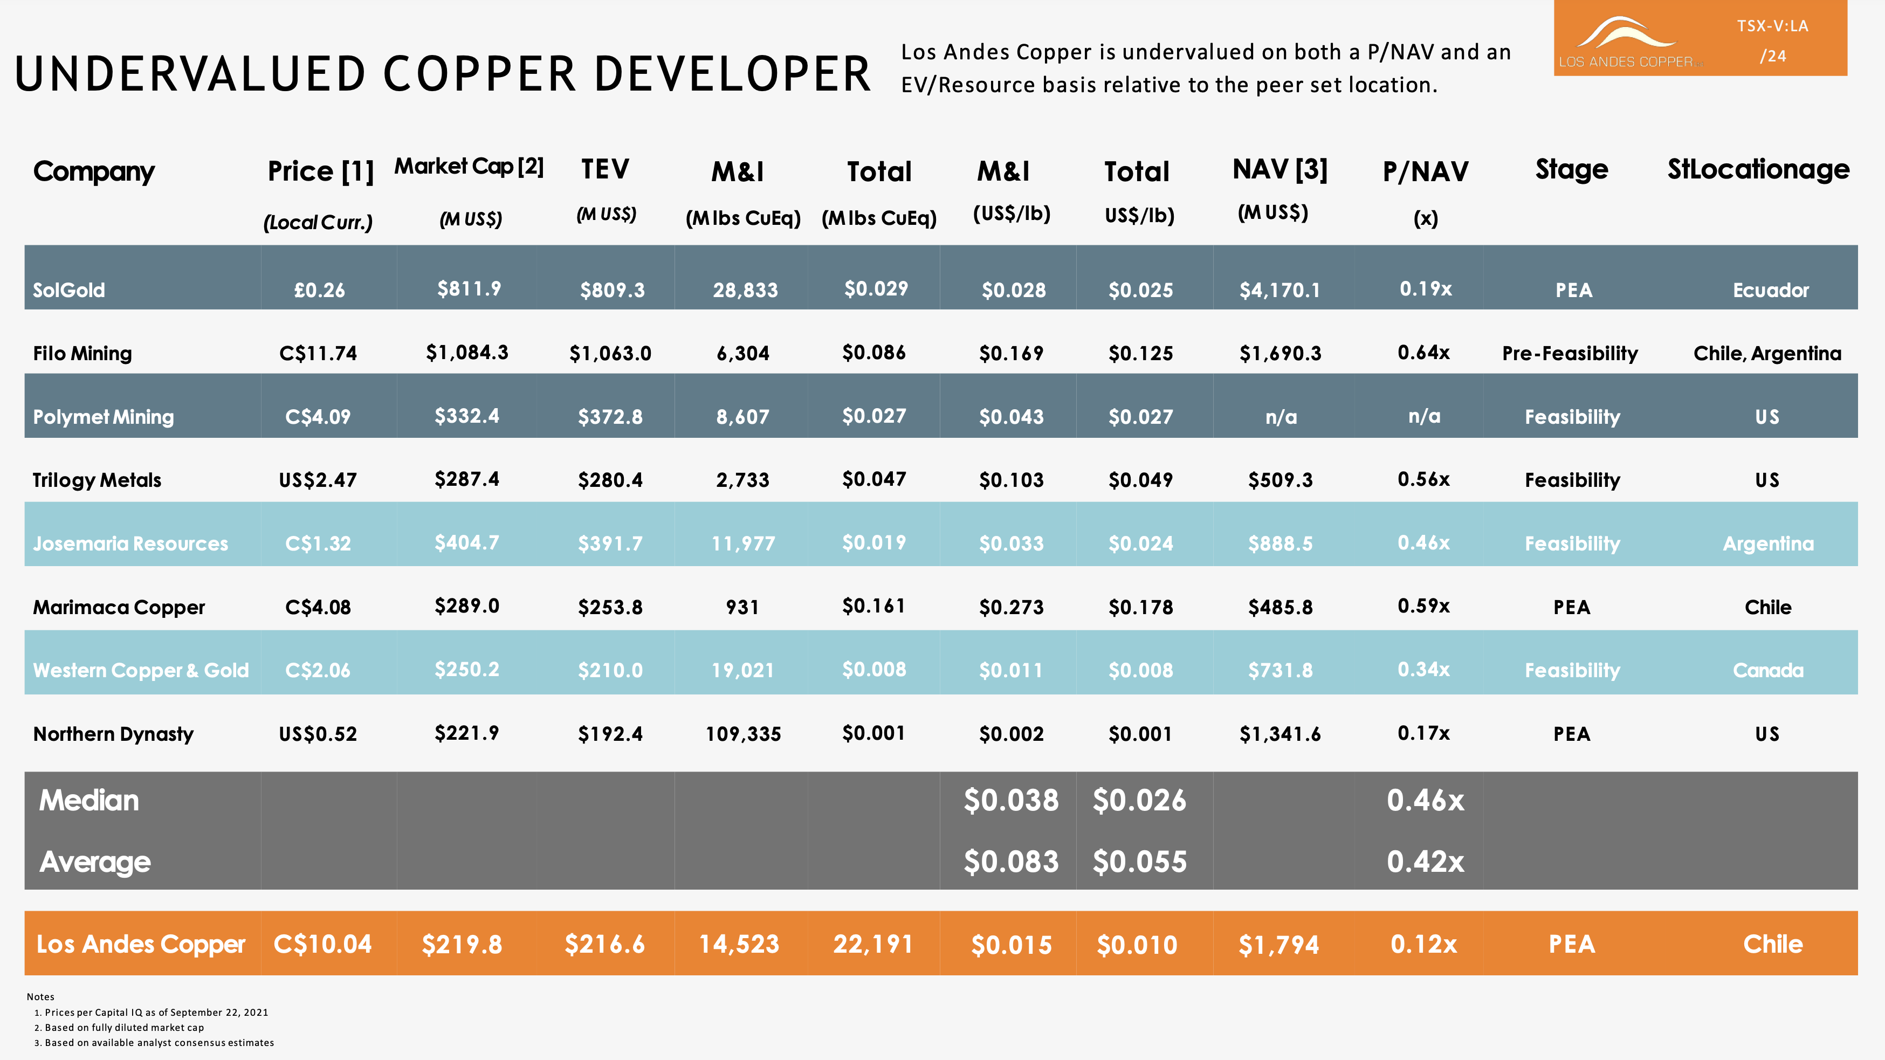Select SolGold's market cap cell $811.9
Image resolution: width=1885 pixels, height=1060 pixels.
pyautogui.click(x=469, y=289)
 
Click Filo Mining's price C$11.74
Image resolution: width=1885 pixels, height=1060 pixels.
pyautogui.click(x=318, y=353)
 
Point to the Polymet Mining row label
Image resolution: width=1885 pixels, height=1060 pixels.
pyautogui.click(x=103, y=417)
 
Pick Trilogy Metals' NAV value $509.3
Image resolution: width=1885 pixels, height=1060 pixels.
pyautogui.click(x=1280, y=480)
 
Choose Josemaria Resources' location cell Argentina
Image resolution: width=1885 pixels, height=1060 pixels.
pyautogui.click(x=1768, y=543)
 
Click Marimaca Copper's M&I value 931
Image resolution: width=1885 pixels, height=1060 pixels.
pyautogui.click(x=742, y=607)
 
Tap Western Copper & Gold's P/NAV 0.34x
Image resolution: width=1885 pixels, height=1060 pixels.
pyautogui.click(x=1423, y=669)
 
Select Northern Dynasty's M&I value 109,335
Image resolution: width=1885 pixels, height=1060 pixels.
pyautogui.click(x=743, y=734)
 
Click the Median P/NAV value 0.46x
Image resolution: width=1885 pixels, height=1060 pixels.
pyautogui.click(x=1425, y=800)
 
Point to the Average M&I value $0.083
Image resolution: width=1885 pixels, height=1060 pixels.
pyautogui.click(x=1010, y=862)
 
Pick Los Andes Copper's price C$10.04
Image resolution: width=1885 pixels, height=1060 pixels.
pyautogui.click(x=322, y=944)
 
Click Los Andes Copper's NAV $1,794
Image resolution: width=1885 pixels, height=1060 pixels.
pyautogui.click(x=1278, y=945)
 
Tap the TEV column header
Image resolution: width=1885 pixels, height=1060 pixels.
pyautogui.click(x=605, y=170)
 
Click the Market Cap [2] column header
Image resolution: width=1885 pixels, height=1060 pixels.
pyautogui.click(x=469, y=167)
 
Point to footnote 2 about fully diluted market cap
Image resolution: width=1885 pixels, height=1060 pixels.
pyautogui.click(x=123, y=1027)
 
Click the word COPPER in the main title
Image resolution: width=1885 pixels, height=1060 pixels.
pyautogui.click(x=479, y=74)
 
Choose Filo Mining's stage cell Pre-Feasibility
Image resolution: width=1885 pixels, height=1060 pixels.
pyautogui.click(x=1570, y=353)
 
